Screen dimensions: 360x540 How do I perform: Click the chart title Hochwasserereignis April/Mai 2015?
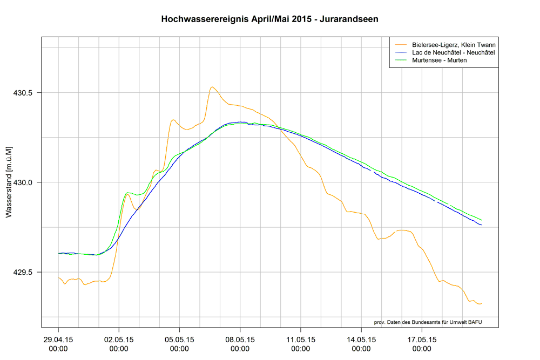coord(269,19)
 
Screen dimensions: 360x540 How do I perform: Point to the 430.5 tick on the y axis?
coord(23,93)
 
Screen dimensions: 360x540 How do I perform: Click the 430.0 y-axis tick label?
coord(23,182)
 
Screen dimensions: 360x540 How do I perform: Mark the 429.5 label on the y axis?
coord(23,272)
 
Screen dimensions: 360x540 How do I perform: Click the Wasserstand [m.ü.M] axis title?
coord(9,181)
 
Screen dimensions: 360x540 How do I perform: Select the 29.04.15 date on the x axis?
coord(58,344)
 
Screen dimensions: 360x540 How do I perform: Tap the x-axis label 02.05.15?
coord(119,344)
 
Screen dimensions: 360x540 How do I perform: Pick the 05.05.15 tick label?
coord(179,344)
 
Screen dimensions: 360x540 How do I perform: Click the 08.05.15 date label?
coord(240,344)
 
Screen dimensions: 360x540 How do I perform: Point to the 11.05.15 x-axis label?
coord(301,344)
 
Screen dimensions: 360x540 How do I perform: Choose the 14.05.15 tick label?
coord(361,344)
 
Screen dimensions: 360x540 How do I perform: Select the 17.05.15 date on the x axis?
coord(422,344)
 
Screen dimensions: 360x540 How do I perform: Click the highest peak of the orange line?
coord(212,87)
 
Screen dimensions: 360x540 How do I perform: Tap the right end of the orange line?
coord(481,304)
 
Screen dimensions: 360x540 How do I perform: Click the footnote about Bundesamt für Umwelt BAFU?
coord(428,322)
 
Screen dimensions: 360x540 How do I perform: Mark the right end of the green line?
coord(481,220)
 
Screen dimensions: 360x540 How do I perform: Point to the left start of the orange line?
coord(58,277)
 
